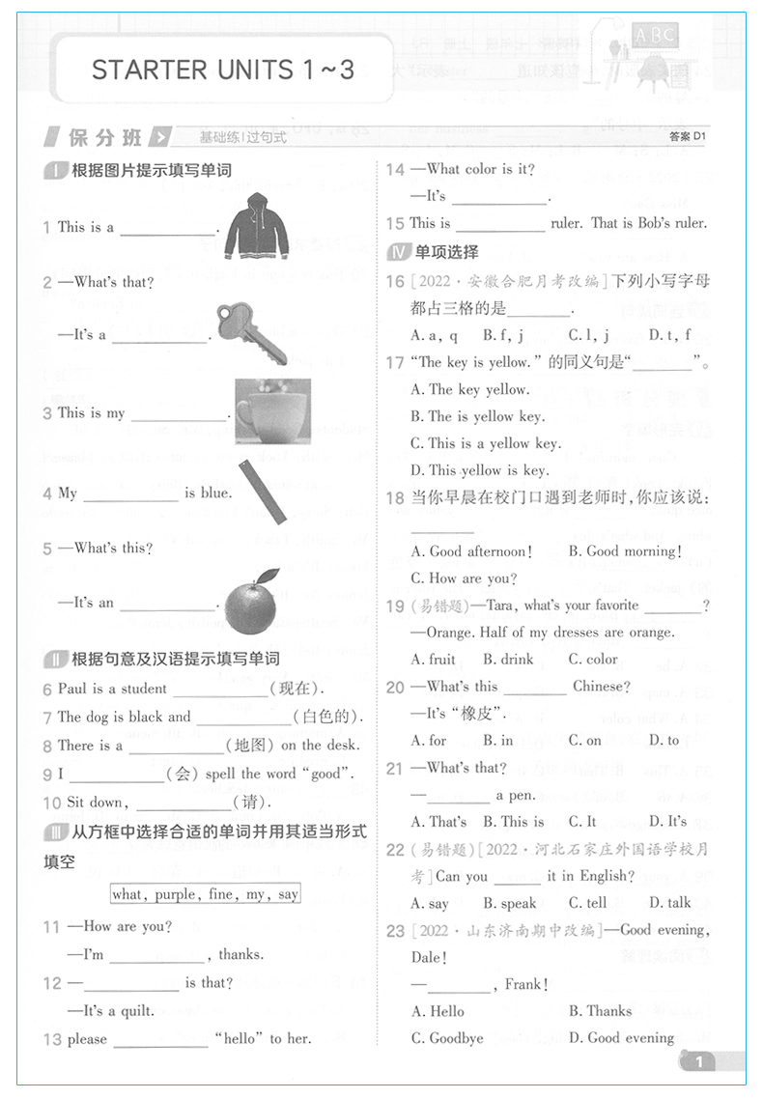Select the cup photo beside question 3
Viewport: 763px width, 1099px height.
pos(272,410)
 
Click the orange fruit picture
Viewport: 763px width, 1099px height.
pos(251,602)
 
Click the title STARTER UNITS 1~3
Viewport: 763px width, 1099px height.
pos(223,70)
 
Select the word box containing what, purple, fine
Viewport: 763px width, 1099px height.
pos(205,893)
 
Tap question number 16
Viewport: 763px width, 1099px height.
pos(395,281)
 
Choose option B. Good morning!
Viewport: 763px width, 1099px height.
pos(624,551)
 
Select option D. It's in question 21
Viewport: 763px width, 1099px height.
pos(667,822)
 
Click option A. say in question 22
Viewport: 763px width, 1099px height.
pos(430,903)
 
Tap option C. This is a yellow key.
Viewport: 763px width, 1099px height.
pos(485,443)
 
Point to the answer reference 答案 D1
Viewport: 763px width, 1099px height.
pos(688,137)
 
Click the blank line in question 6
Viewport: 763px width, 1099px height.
pos(220,690)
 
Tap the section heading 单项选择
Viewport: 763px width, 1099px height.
pos(446,252)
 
